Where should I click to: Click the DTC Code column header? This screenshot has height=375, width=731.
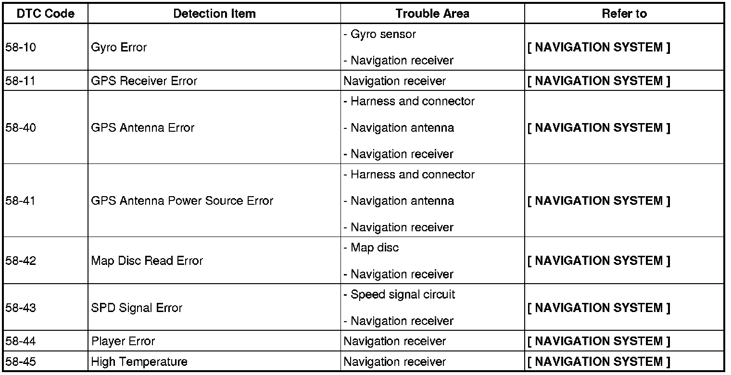tap(46, 14)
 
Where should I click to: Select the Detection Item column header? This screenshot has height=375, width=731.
tap(214, 14)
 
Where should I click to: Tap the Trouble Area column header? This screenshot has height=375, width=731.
tap(432, 14)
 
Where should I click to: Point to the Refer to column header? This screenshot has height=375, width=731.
tap(624, 14)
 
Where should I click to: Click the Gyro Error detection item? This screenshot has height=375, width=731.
tap(119, 48)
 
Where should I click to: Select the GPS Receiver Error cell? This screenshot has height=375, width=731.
tap(144, 81)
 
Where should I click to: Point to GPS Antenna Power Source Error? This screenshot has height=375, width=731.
tap(182, 201)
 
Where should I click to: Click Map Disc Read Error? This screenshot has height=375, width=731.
tap(147, 261)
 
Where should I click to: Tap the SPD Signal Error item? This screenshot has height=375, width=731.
tap(137, 308)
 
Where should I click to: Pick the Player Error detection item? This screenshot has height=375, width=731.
tap(123, 341)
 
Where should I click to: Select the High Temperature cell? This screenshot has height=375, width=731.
tap(139, 362)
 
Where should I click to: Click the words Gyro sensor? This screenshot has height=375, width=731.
tap(383, 35)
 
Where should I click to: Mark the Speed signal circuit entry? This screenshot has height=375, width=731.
tap(402, 295)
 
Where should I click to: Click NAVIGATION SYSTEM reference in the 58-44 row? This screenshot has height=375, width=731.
tap(598, 341)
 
